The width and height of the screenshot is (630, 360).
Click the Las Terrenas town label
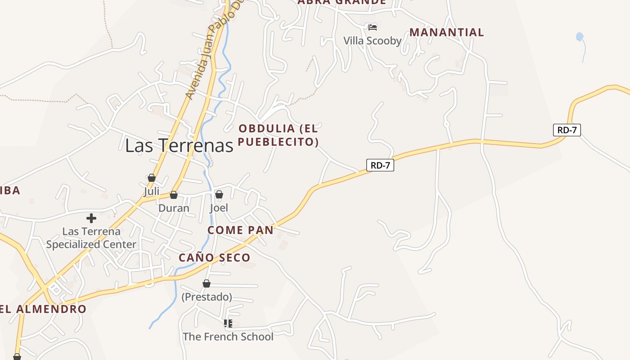pos(179,145)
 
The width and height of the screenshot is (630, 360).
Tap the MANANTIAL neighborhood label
pos(446,32)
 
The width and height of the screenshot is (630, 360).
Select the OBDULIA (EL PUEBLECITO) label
pos(278,135)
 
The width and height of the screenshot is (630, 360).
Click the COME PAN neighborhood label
pos(240,230)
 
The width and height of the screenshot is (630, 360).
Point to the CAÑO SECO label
pos(214,258)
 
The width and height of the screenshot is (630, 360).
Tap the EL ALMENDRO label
pos(43,309)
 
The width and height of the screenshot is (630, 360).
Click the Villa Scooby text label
pos(372,41)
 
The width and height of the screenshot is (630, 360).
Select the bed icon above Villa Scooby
pos(372,27)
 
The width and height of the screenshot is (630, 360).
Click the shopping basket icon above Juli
pos(152,178)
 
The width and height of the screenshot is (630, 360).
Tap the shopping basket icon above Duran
pos(174,195)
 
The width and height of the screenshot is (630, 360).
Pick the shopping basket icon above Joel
pos(219,194)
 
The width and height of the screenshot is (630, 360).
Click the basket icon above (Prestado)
pos(207,283)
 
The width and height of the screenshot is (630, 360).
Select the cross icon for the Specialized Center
pos(91,218)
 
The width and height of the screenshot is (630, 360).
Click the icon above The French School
pos(228,323)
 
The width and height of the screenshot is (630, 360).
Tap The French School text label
pos(228,337)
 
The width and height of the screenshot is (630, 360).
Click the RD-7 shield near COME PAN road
pos(380,165)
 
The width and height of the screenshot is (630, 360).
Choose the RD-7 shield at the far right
pos(567,130)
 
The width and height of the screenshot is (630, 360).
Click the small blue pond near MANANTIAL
pos(580,37)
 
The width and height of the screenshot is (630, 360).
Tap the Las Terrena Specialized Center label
pos(91,238)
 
